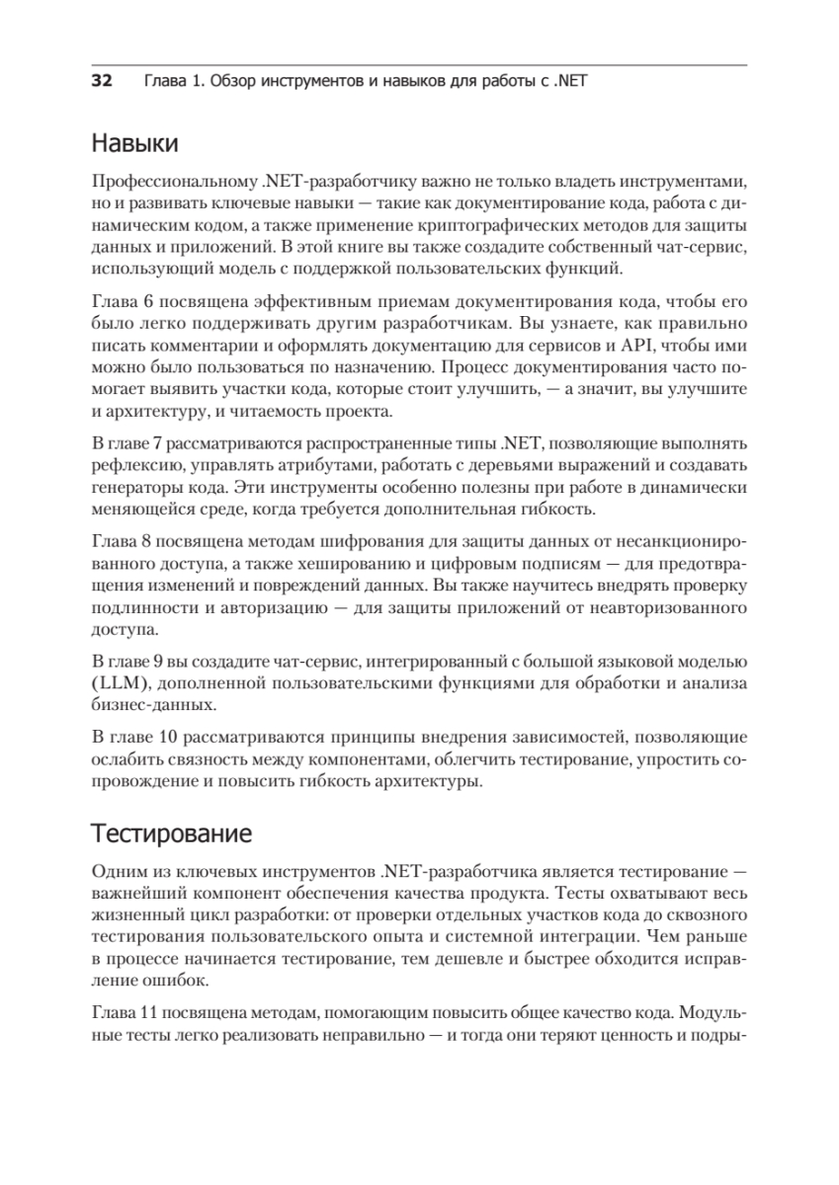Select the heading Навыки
134,144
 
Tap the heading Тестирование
171,832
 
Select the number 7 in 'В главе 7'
157,441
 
